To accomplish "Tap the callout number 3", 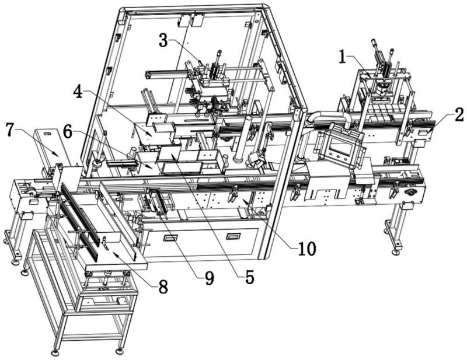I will (x=164, y=41).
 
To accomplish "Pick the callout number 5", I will (x=249, y=278).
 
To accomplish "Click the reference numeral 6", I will (x=68, y=133).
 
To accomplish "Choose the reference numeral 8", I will (x=162, y=286).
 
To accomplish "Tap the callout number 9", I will (x=208, y=278).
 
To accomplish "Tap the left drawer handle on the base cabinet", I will (x=170, y=237).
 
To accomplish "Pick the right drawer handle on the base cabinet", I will (x=233, y=236).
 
